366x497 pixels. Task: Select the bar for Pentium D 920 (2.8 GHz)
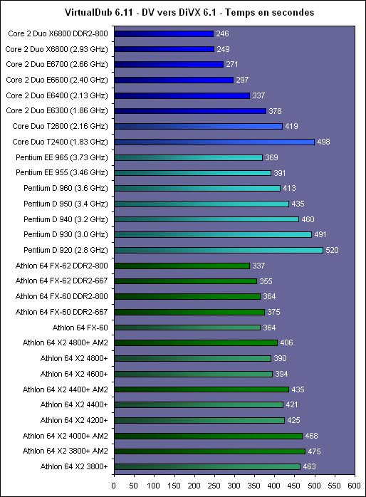(219, 250)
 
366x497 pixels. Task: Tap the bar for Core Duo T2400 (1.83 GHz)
(214, 142)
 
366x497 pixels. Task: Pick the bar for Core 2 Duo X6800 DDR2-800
(164, 33)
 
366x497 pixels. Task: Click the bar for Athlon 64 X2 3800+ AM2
(210, 451)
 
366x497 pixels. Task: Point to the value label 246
(222, 33)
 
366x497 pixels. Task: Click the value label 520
(332, 250)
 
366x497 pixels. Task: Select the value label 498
(323, 142)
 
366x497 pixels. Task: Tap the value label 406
(286, 342)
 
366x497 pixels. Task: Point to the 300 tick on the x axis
(234, 475)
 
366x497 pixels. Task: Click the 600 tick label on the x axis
(355, 486)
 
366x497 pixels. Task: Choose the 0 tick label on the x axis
(114, 486)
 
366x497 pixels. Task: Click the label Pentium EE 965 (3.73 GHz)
(62, 157)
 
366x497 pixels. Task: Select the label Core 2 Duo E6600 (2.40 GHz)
(57, 80)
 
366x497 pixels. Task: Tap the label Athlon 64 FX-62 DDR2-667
(61, 281)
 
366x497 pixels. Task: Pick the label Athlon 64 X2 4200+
(74, 420)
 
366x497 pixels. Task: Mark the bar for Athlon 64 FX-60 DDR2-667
(189, 312)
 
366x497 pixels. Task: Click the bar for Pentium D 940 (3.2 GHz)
(206, 219)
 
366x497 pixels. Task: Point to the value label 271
(232, 64)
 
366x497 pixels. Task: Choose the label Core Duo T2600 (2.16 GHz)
(61, 126)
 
